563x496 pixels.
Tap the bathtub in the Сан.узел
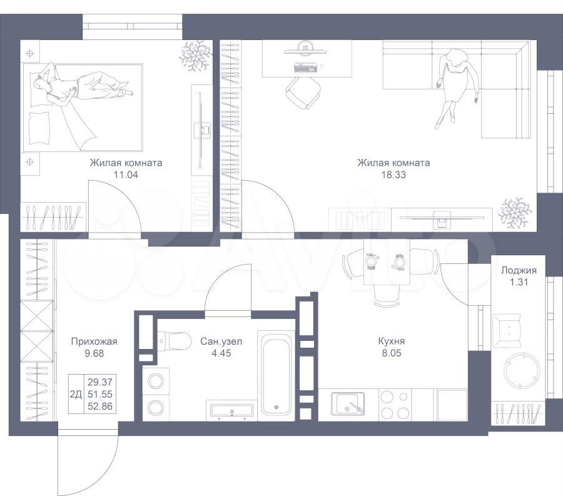tap(276, 374)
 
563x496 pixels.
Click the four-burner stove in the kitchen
tap(395, 405)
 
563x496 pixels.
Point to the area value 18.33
tap(393, 175)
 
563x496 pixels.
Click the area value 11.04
tap(126, 175)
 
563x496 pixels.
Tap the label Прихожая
tap(94, 342)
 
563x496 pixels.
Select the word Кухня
tap(392, 341)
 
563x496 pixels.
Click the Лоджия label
tap(519, 270)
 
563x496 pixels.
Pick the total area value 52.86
tap(100, 407)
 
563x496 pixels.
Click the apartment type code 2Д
tap(76, 395)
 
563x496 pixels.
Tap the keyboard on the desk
tap(306, 68)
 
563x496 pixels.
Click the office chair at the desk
tap(303, 93)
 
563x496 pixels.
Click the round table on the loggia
tap(521, 370)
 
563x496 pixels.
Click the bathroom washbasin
tap(232, 410)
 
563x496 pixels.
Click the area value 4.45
tap(221, 353)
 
